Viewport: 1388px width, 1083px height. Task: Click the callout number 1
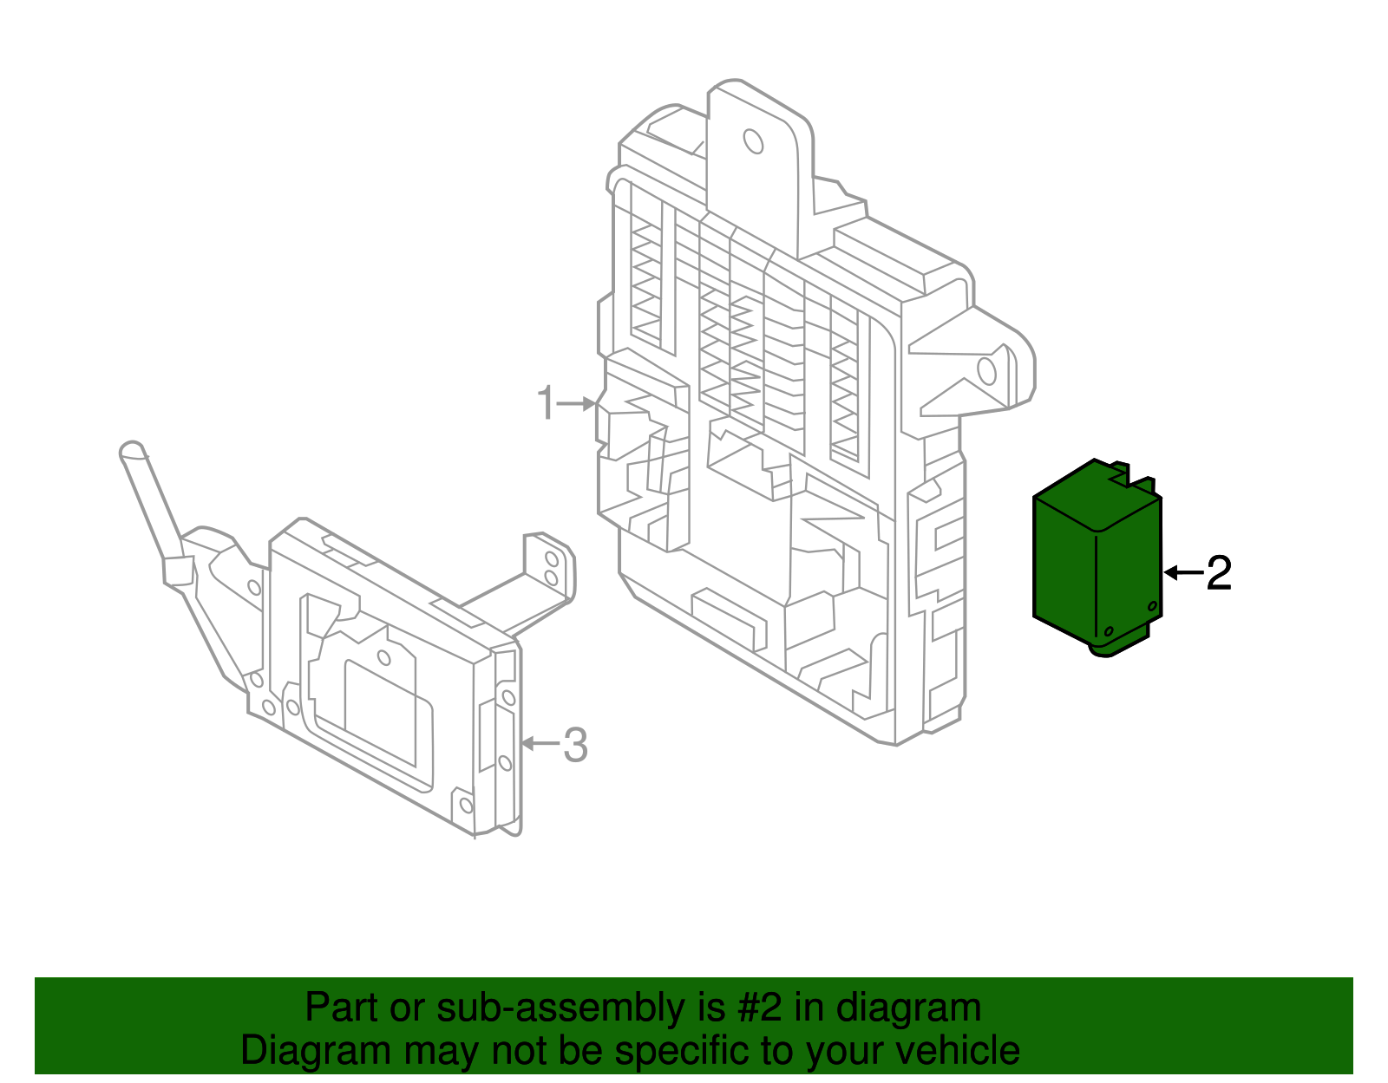coord(545,404)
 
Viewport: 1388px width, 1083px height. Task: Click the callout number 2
coord(1219,573)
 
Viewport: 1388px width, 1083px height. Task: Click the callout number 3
coord(575,745)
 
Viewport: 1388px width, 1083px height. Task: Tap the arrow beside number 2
coord(1182,572)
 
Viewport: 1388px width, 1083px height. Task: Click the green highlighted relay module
coord(1097,559)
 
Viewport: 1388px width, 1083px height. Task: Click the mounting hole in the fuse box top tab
coord(753,141)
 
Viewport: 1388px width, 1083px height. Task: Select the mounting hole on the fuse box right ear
coord(986,370)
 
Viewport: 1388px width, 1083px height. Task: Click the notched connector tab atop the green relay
coord(1128,476)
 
